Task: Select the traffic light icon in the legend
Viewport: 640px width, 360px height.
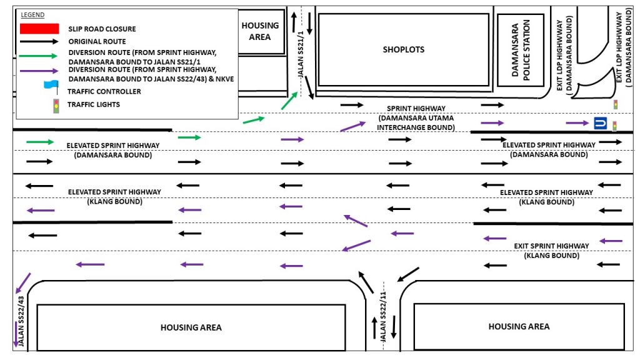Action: pyautogui.click(x=56, y=106)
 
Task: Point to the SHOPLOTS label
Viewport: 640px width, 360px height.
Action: pyautogui.click(x=403, y=49)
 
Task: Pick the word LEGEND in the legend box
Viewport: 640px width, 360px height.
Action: pyautogui.click(x=33, y=14)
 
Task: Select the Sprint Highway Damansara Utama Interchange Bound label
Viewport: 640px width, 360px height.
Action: pyautogui.click(x=416, y=117)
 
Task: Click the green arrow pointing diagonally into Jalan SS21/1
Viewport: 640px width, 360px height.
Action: pyautogui.click(x=289, y=100)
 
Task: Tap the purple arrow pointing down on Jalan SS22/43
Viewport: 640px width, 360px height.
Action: pyautogui.click(x=16, y=335)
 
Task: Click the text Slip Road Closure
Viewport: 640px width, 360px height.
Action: pyautogui.click(x=102, y=29)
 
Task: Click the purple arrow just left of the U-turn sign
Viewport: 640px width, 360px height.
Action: pyautogui.click(x=577, y=123)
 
